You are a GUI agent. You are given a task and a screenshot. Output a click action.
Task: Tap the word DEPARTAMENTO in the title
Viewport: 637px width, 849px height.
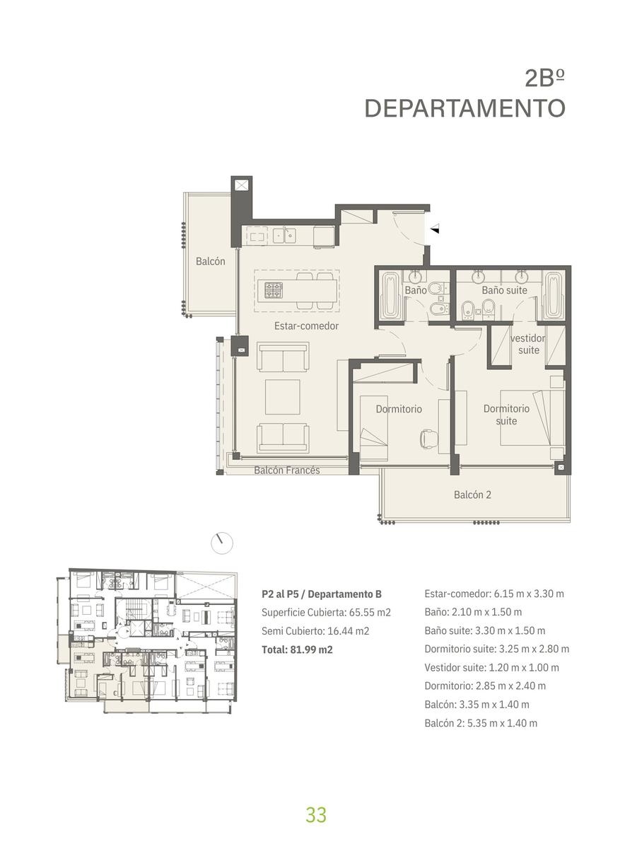[465, 108]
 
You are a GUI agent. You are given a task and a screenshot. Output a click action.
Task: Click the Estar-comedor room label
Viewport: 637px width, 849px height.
[306, 325]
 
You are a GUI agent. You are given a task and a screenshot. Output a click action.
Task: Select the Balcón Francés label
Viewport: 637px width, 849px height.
[287, 470]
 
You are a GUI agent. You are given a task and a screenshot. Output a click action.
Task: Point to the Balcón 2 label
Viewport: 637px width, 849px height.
[472, 495]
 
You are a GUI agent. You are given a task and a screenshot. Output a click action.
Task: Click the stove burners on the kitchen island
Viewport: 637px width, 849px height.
[274, 290]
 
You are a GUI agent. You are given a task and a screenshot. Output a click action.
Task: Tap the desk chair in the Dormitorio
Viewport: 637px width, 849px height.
[429, 439]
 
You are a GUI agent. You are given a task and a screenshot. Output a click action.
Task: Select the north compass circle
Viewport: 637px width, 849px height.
[222, 543]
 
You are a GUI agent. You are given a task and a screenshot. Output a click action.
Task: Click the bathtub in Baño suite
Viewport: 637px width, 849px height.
[554, 295]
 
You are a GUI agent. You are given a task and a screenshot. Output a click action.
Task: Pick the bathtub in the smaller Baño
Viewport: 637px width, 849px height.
[391, 296]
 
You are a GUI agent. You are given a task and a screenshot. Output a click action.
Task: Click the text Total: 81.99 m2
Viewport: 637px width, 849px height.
[297, 649]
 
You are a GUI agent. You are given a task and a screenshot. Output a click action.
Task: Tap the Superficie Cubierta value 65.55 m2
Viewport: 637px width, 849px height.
[370, 612]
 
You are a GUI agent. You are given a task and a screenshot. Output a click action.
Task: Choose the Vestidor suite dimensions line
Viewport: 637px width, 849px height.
[491, 667]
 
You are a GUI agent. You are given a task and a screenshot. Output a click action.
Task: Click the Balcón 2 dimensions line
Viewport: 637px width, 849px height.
[481, 723]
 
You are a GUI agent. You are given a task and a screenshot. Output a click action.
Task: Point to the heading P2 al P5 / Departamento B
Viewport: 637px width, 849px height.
[322, 594]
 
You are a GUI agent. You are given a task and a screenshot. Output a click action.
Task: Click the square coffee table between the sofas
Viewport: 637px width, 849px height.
[283, 397]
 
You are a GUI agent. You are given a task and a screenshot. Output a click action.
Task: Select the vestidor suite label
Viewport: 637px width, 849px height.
[528, 345]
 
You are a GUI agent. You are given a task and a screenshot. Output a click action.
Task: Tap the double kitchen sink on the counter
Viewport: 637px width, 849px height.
[284, 236]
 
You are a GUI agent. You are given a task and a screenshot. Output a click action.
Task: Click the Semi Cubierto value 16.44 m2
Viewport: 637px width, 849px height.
[349, 631]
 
